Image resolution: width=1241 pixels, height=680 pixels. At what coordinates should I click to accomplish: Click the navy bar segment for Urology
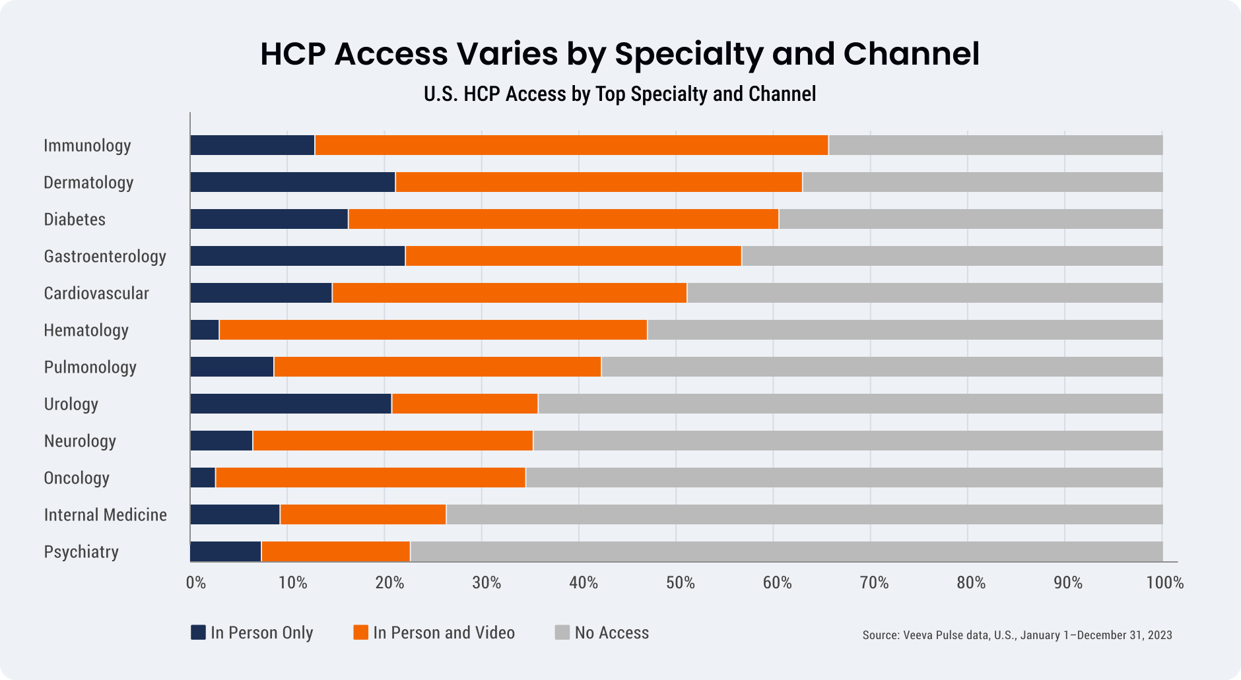click(290, 404)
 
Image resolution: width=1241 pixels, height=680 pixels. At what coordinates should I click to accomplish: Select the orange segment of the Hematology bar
click(433, 330)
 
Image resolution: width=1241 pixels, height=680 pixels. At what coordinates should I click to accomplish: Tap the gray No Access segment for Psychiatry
click(786, 551)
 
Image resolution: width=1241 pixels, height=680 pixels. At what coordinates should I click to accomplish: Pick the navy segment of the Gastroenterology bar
click(298, 256)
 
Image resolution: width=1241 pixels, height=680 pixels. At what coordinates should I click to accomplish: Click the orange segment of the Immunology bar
click(571, 145)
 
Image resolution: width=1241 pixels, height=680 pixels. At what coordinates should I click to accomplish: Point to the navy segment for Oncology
click(203, 478)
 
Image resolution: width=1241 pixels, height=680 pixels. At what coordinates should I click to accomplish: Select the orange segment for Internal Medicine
click(363, 514)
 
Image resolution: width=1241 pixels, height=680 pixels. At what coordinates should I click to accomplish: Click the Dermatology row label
click(88, 183)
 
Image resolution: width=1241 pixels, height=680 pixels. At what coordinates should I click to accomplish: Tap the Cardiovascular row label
click(96, 294)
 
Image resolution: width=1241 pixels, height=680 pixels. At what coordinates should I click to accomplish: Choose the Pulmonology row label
click(90, 367)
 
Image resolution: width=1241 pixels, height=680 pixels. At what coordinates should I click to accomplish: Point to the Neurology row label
click(80, 441)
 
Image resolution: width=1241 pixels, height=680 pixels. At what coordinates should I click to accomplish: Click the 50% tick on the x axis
click(680, 583)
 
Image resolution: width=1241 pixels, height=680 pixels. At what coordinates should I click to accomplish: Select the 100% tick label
click(1164, 583)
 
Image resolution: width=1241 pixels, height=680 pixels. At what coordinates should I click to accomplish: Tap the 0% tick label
click(195, 583)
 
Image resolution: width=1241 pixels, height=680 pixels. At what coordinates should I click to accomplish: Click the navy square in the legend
click(198, 633)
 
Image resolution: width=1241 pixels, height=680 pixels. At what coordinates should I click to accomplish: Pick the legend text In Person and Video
click(444, 633)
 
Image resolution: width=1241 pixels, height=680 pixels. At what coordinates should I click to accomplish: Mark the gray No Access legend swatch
click(562, 633)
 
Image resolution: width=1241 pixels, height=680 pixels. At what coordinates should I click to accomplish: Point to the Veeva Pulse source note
click(1017, 635)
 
